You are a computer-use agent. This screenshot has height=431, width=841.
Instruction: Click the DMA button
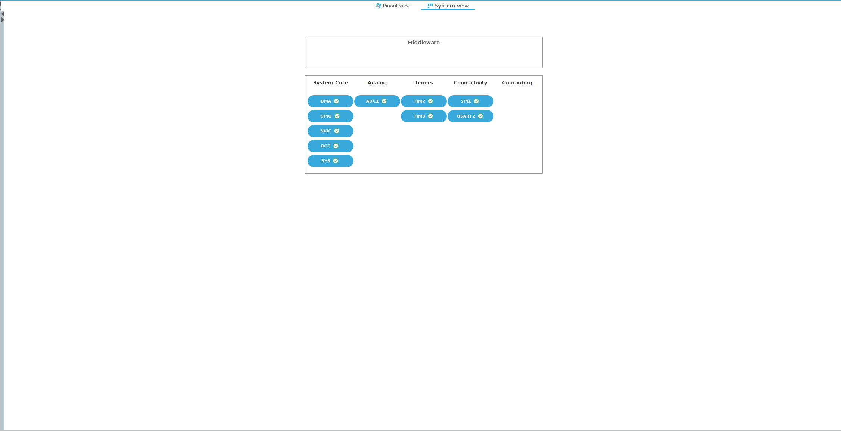coord(330,101)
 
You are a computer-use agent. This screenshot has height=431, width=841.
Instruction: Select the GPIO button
coord(330,116)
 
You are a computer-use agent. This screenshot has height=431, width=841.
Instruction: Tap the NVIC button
coord(330,131)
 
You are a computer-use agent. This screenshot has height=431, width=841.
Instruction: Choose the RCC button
coord(330,146)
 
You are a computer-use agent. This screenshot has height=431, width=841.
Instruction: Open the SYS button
coord(330,161)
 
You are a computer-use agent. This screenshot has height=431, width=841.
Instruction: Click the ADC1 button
coord(377,101)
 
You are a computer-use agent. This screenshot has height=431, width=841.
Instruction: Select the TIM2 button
coord(424,101)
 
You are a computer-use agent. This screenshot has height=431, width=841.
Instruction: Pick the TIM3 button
coord(424,116)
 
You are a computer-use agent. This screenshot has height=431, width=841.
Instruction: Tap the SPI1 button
coord(470,101)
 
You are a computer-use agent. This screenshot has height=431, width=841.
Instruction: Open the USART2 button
coord(470,116)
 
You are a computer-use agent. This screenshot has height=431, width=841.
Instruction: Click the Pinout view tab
coord(393,6)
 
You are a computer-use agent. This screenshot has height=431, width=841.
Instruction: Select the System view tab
coord(448,6)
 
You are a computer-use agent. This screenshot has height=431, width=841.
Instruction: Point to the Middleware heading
coord(424,43)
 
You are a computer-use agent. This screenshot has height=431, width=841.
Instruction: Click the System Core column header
coord(330,83)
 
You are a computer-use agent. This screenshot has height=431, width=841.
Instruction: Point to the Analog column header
coord(377,83)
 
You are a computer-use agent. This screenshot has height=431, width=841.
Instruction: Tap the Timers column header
coord(424,83)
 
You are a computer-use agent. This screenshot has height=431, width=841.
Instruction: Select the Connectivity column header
coord(470,83)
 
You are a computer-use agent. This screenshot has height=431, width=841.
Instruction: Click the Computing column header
coord(517,83)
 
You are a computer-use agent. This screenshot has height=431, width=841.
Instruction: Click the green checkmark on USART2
coord(480,116)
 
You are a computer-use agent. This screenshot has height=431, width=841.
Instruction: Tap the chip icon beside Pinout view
coord(379,6)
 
